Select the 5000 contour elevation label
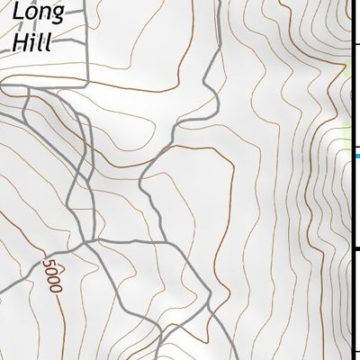coord(51,275)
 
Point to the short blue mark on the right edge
coord(355,156)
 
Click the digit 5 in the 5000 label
coord(47,265)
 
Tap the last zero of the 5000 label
coord(56,286)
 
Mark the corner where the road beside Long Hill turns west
coord(87,86)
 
